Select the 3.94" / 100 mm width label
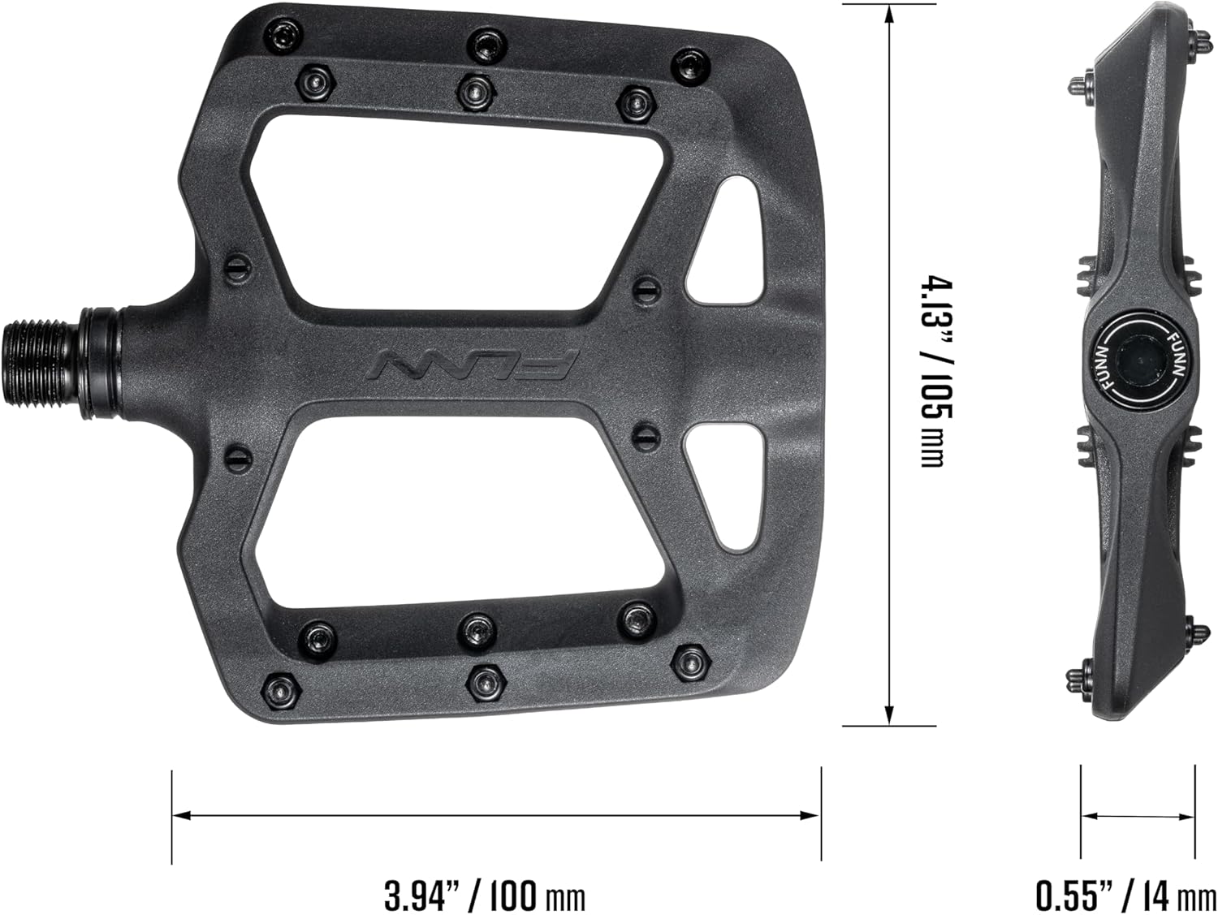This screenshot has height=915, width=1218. click(x=485, y=896)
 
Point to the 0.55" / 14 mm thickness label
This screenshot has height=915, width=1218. click(x=1125, y=896)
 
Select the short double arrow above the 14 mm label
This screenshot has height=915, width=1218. click(x=1138, y=817)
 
